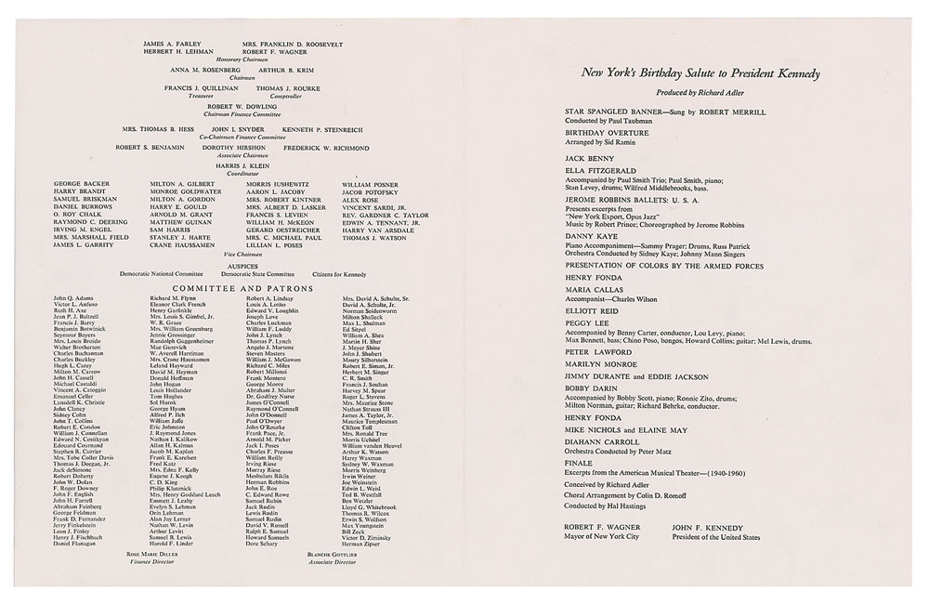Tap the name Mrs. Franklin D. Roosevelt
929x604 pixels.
pos(292,45)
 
